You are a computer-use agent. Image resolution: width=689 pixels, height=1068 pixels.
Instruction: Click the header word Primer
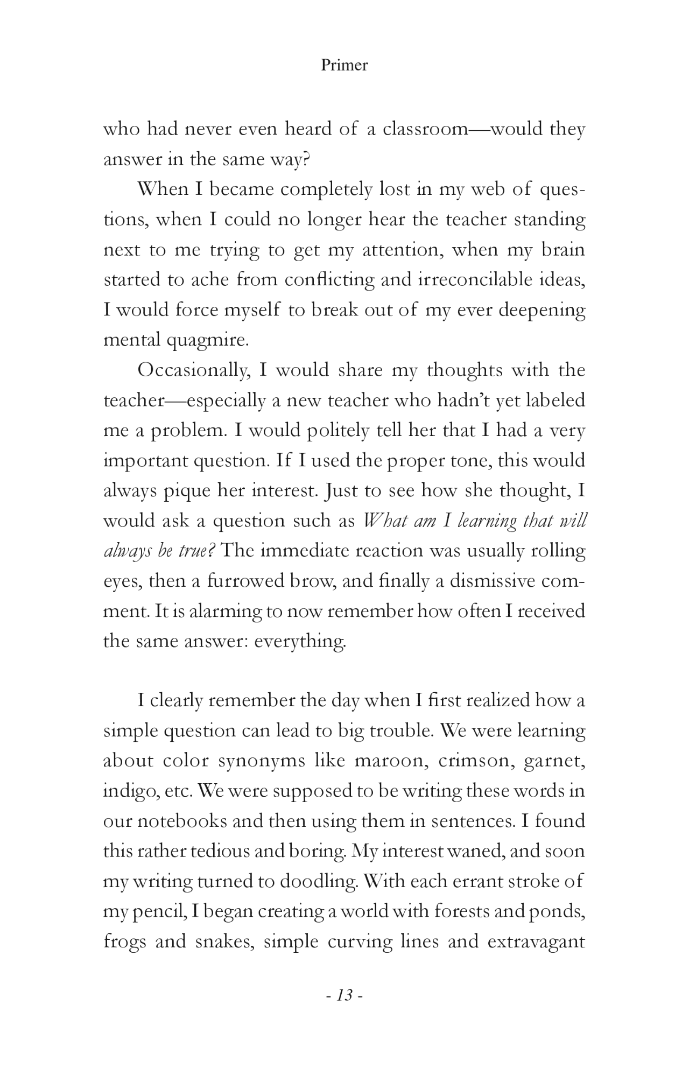point(344,65)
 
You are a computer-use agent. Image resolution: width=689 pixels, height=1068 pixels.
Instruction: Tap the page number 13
point(344,995)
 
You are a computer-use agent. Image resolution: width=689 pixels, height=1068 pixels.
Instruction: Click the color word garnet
point(554,761)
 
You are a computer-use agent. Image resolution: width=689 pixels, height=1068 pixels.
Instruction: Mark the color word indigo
point(125,791)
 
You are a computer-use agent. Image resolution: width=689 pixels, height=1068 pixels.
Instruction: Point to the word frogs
point(124,942)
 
